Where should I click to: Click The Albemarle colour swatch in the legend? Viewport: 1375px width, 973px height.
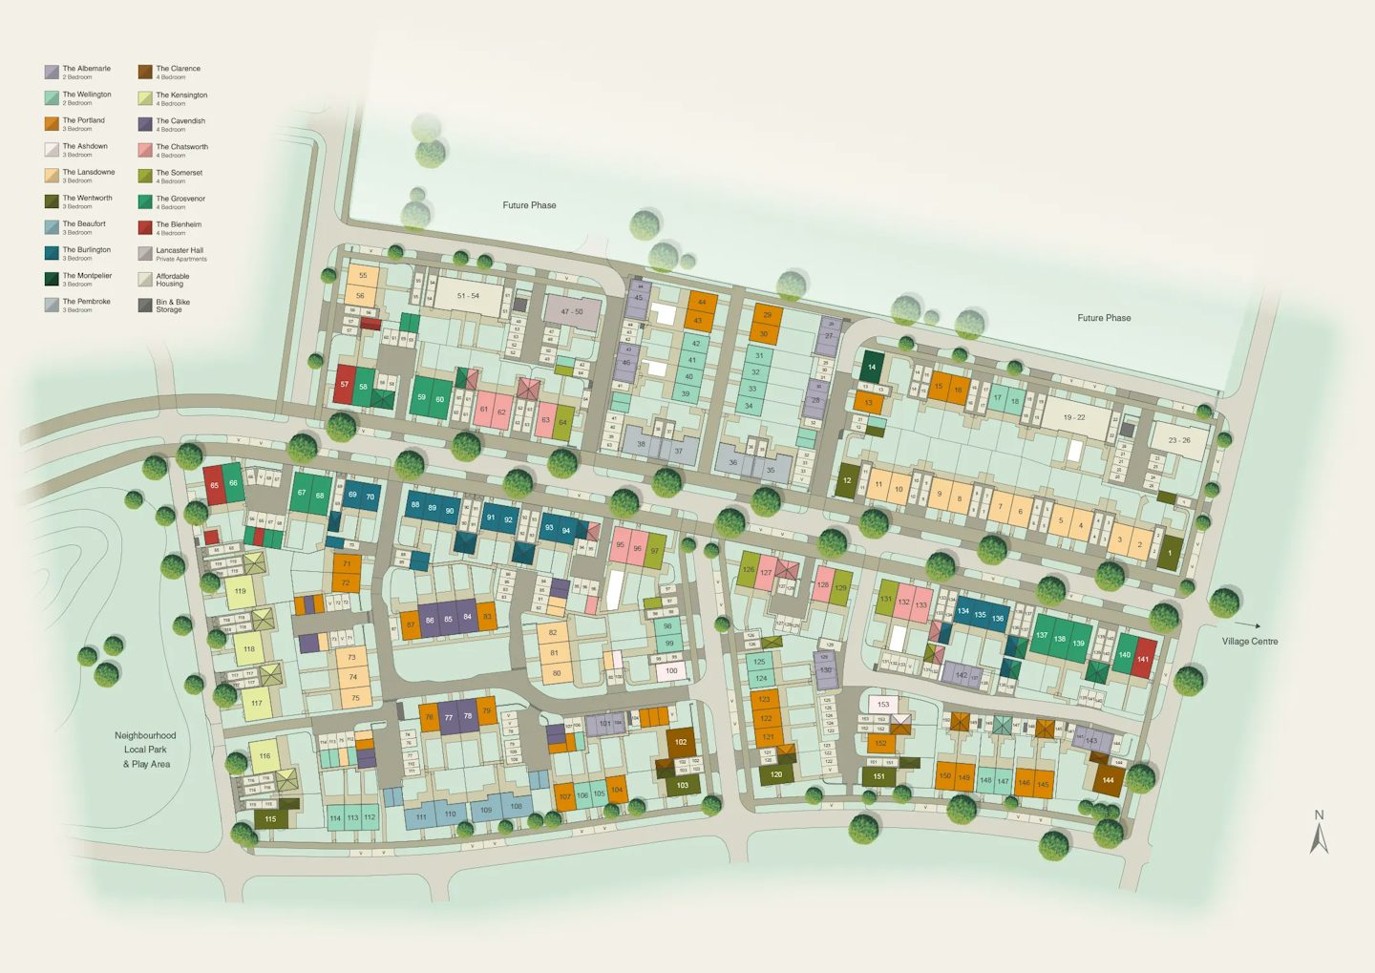pos(52,72)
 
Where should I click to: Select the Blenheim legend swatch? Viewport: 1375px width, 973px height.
pos(145,227)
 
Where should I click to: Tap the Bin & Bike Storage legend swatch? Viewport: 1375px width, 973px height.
pos(145,306)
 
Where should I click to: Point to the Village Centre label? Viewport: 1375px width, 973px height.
pos(1249,642)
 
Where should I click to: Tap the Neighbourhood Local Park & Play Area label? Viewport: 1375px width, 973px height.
pos(145,750)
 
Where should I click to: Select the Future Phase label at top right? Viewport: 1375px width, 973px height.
pos(1104,318)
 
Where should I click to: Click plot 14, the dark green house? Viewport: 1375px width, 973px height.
pos(872,367)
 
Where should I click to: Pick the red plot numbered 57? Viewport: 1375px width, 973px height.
pos(345,385)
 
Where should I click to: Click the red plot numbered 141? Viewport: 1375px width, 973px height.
pos(1143,659)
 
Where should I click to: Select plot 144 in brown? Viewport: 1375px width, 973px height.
pos(1108,780)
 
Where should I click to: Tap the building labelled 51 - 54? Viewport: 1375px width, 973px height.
pos(469,297)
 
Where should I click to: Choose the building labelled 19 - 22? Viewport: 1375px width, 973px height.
pos(1074,417)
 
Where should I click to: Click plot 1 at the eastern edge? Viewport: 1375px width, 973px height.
pos(1170,553)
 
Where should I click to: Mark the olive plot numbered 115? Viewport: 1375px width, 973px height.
pos(270,819)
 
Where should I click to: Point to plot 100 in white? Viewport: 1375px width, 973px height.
pos(672,671)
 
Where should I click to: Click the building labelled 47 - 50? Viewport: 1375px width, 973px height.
pos(572,312)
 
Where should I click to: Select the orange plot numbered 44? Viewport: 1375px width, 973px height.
pos(702,303)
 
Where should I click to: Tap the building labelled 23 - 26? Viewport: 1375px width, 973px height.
pos(1179,440)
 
